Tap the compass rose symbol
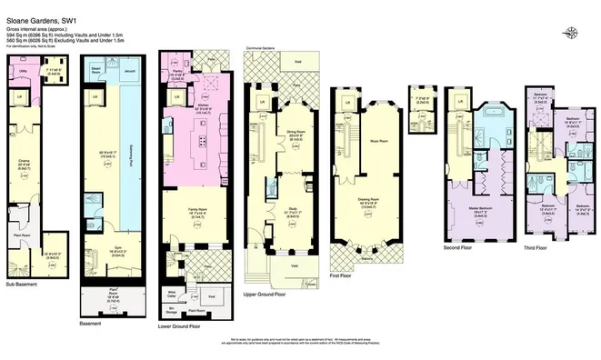tap(570, 34)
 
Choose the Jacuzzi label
tap(128, 68)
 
